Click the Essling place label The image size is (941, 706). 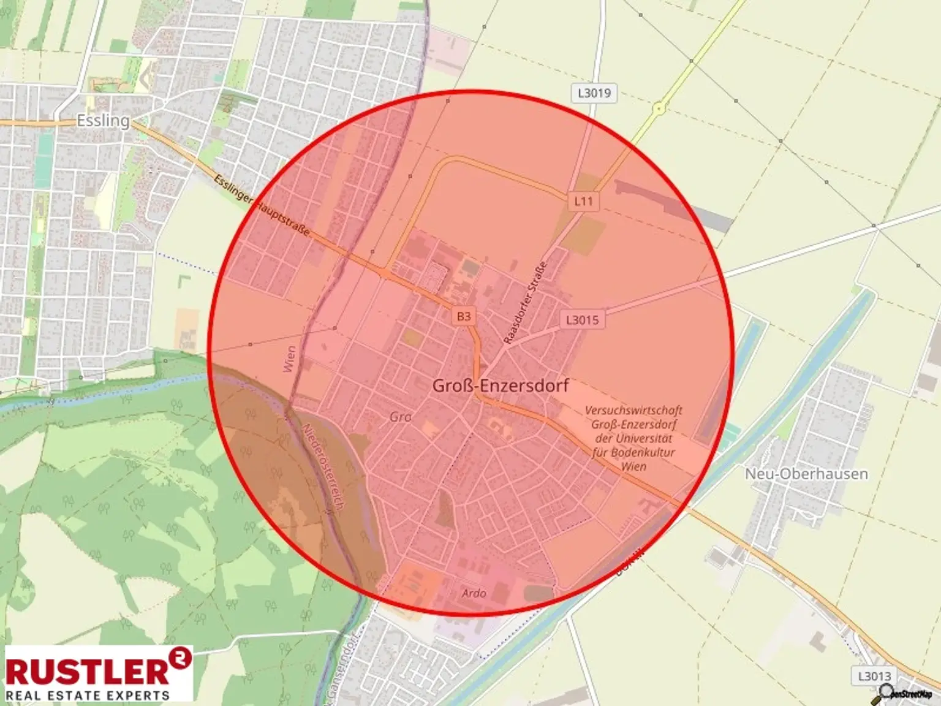pyautogui.click(x=103, y=120)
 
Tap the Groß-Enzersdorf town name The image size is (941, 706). pyautogui.click(x=501, y=385)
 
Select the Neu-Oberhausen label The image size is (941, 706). pyautogui.click(x=806, y=474)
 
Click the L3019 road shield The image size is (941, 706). pyautogui.click(x=594, y=93)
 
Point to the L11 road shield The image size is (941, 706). pyautogui.click(x=583, y=201)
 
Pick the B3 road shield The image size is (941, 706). pyautogui.click(x=464, y=316)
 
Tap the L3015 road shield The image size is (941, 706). pyautogui.click(x=582, y=319)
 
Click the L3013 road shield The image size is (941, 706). pyautogui.click(x=874, y=676)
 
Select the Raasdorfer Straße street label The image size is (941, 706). pyautogui.click(x=524, y=303)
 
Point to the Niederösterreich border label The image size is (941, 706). pyautogui.click(x=322, y=466)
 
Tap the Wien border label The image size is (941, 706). pyautogui.click(x=290, y=359)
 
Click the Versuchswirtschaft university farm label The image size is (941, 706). pyautogui.click(x=633, y=438)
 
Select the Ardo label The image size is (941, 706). pyautogui.click(x=474, y=593)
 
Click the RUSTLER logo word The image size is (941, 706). pyautogui.click(x=87, y=671)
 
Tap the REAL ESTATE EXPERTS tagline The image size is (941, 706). pyautogui.click(x=87, y=696)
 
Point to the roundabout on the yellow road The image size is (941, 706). pyautogui.click(x=659, y=109)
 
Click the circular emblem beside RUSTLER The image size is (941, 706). pyautogui.click(x=181, y=658)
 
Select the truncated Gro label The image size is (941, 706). pyautogui.click(x=401, y=417)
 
